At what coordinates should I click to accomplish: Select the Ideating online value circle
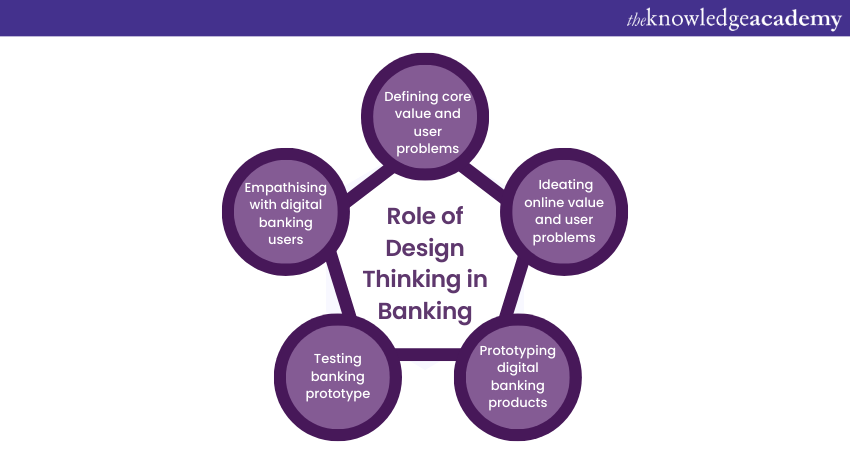[565, 210]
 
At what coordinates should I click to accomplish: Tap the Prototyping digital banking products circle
[517, 377]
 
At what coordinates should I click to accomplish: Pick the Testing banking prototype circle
[337, 377]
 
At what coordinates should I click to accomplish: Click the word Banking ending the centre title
[425, 310]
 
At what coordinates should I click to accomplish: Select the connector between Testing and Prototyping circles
[427, 352]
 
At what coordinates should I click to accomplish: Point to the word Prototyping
[517, 350]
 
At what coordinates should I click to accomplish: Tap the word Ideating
[565, 185]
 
